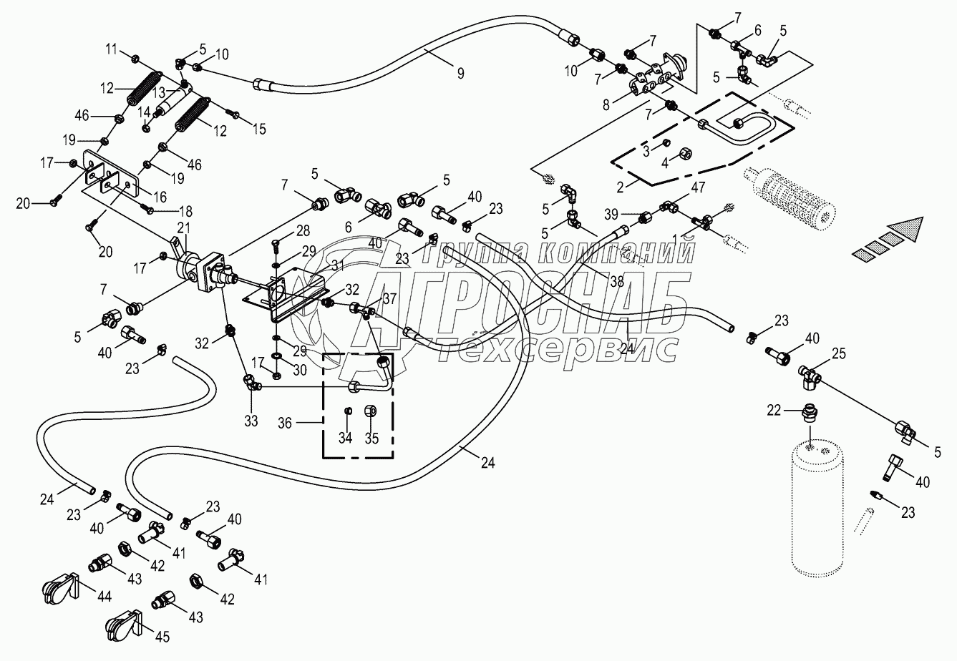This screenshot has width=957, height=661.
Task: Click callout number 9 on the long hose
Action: (461, 72)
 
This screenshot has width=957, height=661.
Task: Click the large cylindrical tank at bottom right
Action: (820, 508)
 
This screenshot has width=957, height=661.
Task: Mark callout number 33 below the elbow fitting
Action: (250, 421)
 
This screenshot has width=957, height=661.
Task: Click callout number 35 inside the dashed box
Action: (371, 437)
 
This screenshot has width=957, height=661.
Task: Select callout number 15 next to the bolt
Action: (258, 129)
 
